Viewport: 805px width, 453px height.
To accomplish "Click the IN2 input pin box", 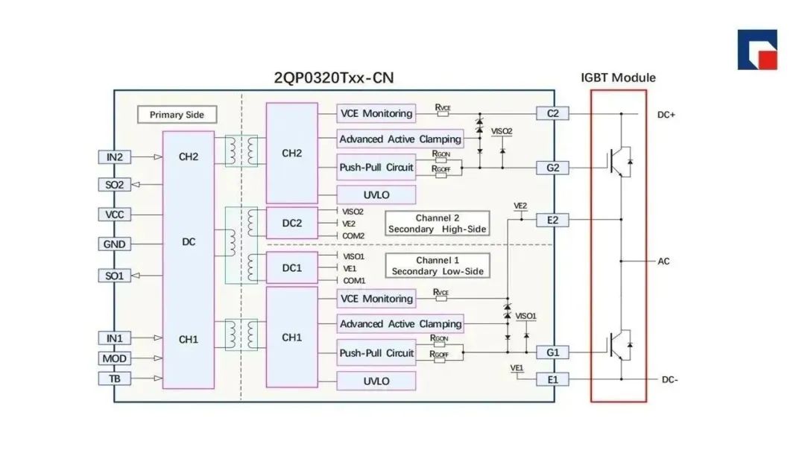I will pos(114,156).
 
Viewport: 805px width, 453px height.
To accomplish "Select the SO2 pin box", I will pos(114,184).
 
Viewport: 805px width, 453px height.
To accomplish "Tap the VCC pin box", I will pos(114,215).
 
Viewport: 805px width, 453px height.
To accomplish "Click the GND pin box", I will pos(114,244).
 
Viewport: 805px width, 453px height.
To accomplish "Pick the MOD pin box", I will pos(114,358).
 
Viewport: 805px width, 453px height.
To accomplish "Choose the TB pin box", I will pos(114,378).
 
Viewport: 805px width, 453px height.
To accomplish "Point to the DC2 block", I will pos(291,223).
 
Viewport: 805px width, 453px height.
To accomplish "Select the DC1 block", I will pos(291,267).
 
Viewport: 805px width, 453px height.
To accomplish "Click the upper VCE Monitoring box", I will pos(376,113).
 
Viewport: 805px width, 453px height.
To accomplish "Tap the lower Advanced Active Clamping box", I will pos(400,324).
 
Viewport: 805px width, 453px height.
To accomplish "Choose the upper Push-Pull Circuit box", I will pos(376,168).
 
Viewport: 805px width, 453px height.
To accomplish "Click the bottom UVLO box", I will pos(376,381).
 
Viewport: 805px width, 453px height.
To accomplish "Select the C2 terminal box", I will pos(552,113).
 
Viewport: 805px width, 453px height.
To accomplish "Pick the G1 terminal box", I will pos(552,352).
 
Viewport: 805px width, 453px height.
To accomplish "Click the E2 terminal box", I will pos(552,220).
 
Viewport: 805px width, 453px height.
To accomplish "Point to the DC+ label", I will pos(666,115).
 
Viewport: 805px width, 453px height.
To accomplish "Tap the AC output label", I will pos(663,262).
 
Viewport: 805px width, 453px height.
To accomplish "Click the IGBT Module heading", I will pos(618,77).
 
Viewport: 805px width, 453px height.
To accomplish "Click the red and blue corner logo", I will pos(757,50).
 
